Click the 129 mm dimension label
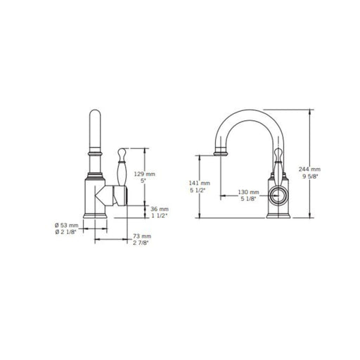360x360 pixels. tap(144, 174)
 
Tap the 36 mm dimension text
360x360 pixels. tap(160, 209)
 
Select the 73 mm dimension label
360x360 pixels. tap(142, 236)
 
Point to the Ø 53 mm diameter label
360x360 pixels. tap(67, 225)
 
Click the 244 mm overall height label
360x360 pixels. tap(309, 169)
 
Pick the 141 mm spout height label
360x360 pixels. tap(200, 183)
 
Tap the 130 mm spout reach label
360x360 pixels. tap(249, 192)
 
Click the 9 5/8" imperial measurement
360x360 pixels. tap(310, 176)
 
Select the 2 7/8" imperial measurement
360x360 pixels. tap(141, 243)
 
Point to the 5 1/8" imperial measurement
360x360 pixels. tap(248, 199)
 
